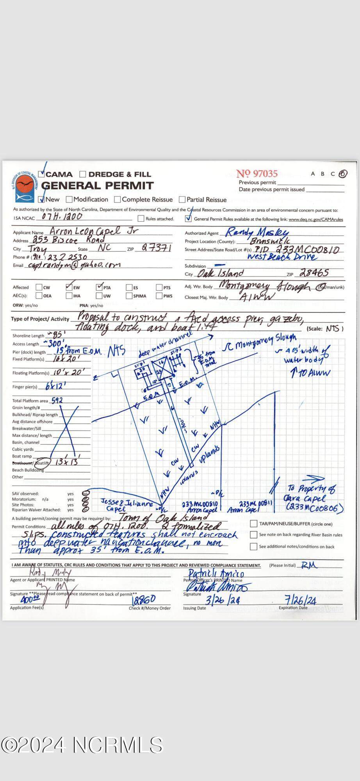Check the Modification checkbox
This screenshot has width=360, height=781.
point(70,200)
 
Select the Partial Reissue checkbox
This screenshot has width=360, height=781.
point(182,200)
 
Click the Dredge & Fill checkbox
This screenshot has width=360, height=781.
point(83,175)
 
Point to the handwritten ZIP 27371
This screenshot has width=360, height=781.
point(156,248)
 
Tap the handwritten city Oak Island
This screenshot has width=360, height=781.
point(221,273)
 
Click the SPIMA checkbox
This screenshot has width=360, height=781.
point(129,296)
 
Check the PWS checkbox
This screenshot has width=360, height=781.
point(159,296)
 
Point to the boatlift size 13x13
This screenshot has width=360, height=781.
point(67,462)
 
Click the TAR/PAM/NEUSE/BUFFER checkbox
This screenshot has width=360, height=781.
point(254,524)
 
